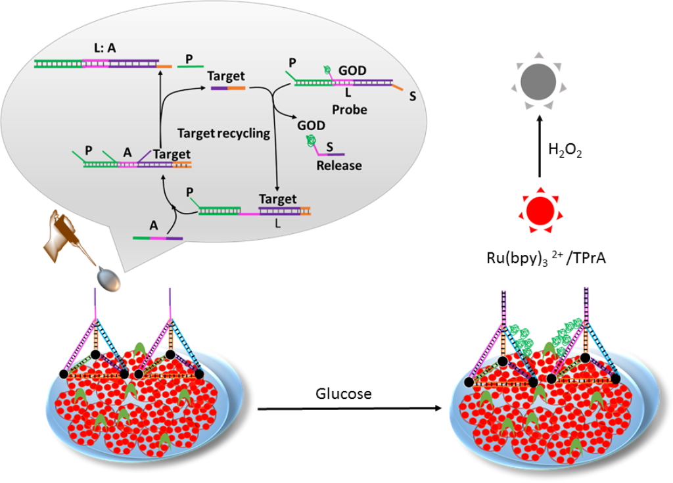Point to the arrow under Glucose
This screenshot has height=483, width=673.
click(x=348, y=409)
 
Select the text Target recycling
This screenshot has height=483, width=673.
click(x=223, y=133)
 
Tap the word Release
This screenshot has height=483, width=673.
click(x=339, y=165)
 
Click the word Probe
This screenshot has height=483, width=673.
click(x=349, y=108)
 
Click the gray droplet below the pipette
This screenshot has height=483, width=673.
click(x=109, y=279)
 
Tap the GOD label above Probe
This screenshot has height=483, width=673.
click(x=352, y=70)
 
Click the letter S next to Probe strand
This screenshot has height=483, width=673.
click(x=412, y=97)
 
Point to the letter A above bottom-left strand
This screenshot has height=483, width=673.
click(x=154, y=224)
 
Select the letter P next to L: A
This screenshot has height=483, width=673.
click(x=189, y=60)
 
